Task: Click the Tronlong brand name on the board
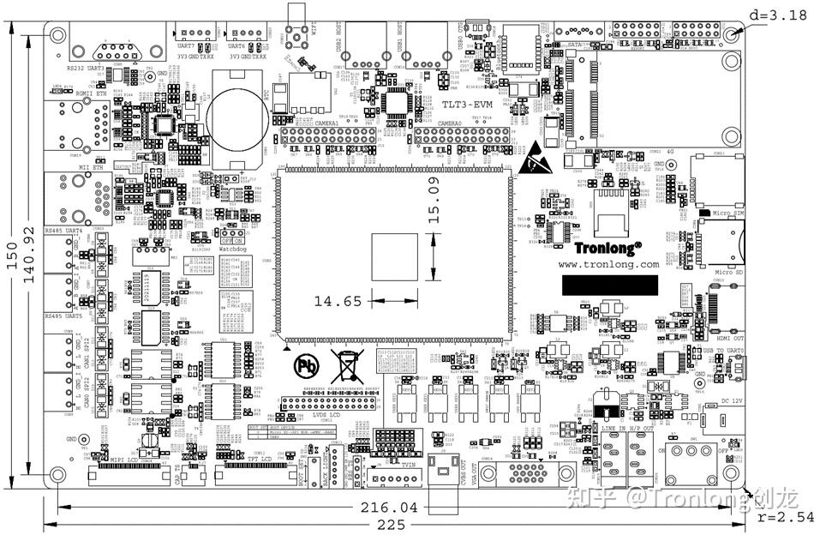click(608, 248)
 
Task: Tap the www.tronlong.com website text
click(608, 265)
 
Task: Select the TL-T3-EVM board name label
click(466, 105)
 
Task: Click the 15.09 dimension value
click(434, 200)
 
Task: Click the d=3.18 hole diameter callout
click(777, 15)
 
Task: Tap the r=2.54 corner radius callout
click(786, 517)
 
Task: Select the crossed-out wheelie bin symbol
click(347, 365)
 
